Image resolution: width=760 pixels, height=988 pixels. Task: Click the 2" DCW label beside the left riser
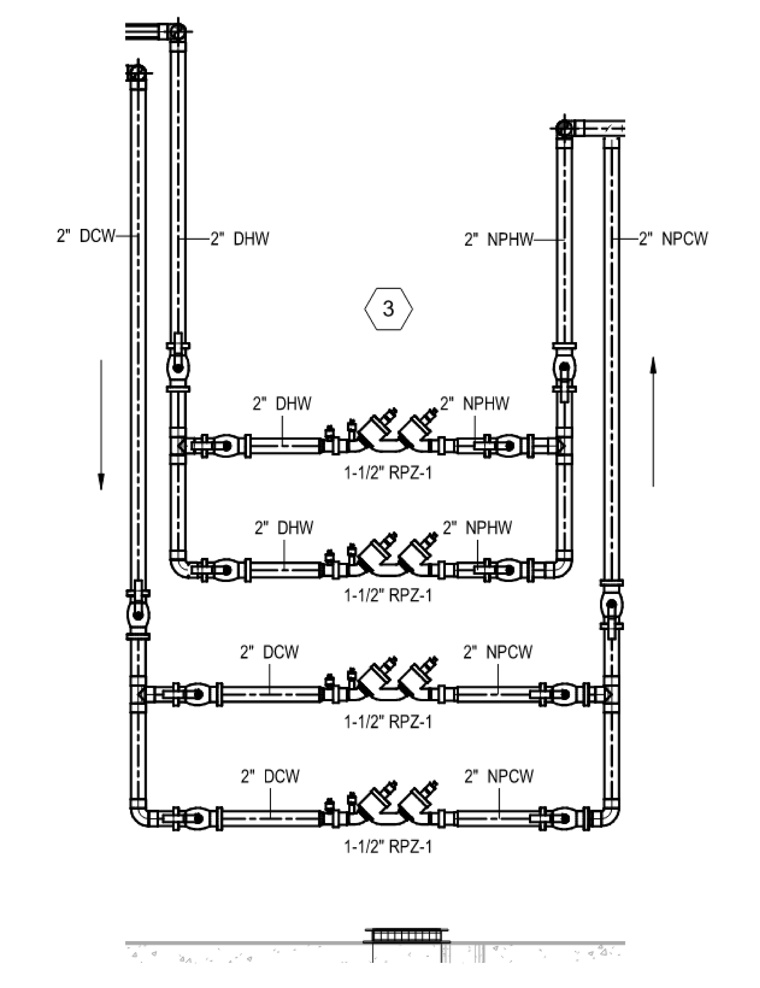tap(86, 236)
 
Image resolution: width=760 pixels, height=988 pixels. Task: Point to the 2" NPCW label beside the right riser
tap(673, 238)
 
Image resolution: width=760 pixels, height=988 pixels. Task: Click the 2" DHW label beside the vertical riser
tap(240, 238)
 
